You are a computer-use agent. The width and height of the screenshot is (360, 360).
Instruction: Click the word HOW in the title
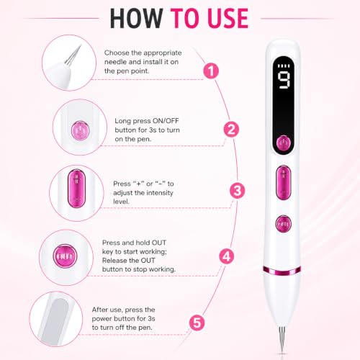point(137,19)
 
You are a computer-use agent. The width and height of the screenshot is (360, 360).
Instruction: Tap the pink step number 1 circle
point(211,71)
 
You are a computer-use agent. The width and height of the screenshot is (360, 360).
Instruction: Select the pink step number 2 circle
point(231,130)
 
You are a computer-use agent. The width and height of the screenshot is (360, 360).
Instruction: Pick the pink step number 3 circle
point(238,191)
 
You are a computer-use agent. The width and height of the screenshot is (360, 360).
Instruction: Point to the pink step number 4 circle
point(227,256)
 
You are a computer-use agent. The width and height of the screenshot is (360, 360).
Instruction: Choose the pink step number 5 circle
point(197,323)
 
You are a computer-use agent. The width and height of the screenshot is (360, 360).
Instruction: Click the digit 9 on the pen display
point(284,81)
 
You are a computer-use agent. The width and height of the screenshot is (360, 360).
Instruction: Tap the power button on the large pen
point(284,143)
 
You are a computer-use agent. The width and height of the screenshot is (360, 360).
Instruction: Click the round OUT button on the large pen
point(284,224)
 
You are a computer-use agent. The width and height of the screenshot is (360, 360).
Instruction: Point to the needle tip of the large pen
point(283,352)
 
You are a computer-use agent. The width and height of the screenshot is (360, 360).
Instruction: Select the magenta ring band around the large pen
point(282,271)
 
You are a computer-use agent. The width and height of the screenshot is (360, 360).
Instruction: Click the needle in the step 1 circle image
point(73,56)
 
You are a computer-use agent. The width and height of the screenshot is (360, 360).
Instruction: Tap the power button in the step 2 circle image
point(80,131)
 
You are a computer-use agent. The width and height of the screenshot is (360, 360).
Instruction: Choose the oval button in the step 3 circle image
point(76,189)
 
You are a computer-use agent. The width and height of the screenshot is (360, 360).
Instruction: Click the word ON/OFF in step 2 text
point(166,121)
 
